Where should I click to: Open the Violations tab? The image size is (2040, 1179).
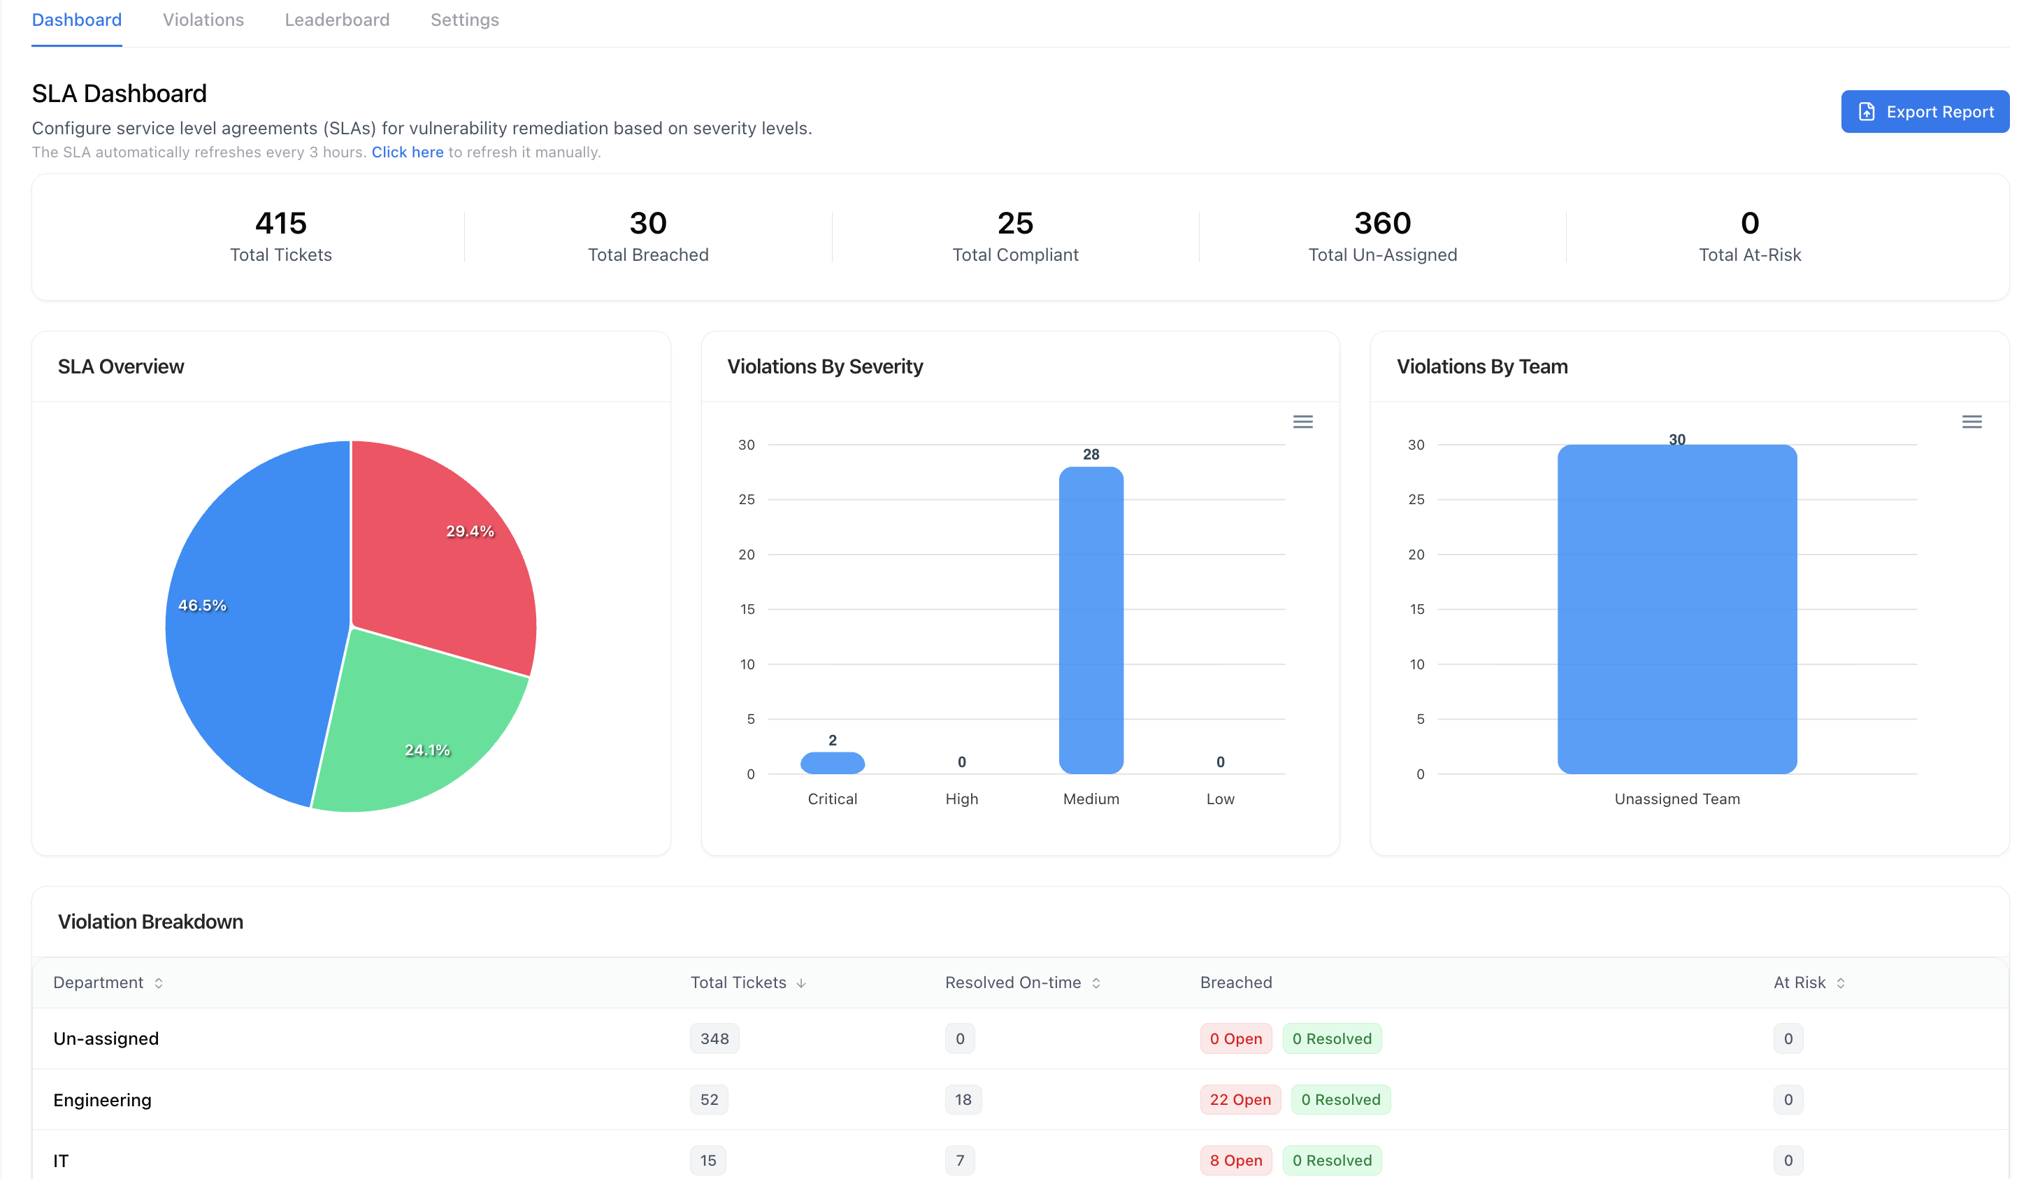(x=203, y=20)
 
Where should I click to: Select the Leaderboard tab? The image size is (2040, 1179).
(x=337, y=20)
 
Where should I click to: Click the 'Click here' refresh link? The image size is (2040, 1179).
(x=407, y=152)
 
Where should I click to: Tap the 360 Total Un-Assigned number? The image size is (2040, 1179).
(x=1382, y=222)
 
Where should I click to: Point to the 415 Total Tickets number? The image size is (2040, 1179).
(x=281, y=222)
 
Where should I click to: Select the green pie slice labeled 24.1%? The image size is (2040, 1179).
(x=413, y=729)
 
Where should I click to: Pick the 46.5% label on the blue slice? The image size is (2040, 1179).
(x=202, y=605)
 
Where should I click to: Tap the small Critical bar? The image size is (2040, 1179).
(x=832, y=763)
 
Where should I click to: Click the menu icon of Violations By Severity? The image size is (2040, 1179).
(x=1302, y=422)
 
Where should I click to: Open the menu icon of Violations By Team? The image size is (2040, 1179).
(x=1971, y=422)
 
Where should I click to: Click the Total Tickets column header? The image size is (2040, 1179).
(x=738, y=982)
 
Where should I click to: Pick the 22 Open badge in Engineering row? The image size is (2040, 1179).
(x=1240, y=1100)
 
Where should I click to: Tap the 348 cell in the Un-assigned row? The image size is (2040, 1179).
(x=714, y=1039)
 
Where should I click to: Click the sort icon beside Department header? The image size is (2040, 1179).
(x=159, y=983)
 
